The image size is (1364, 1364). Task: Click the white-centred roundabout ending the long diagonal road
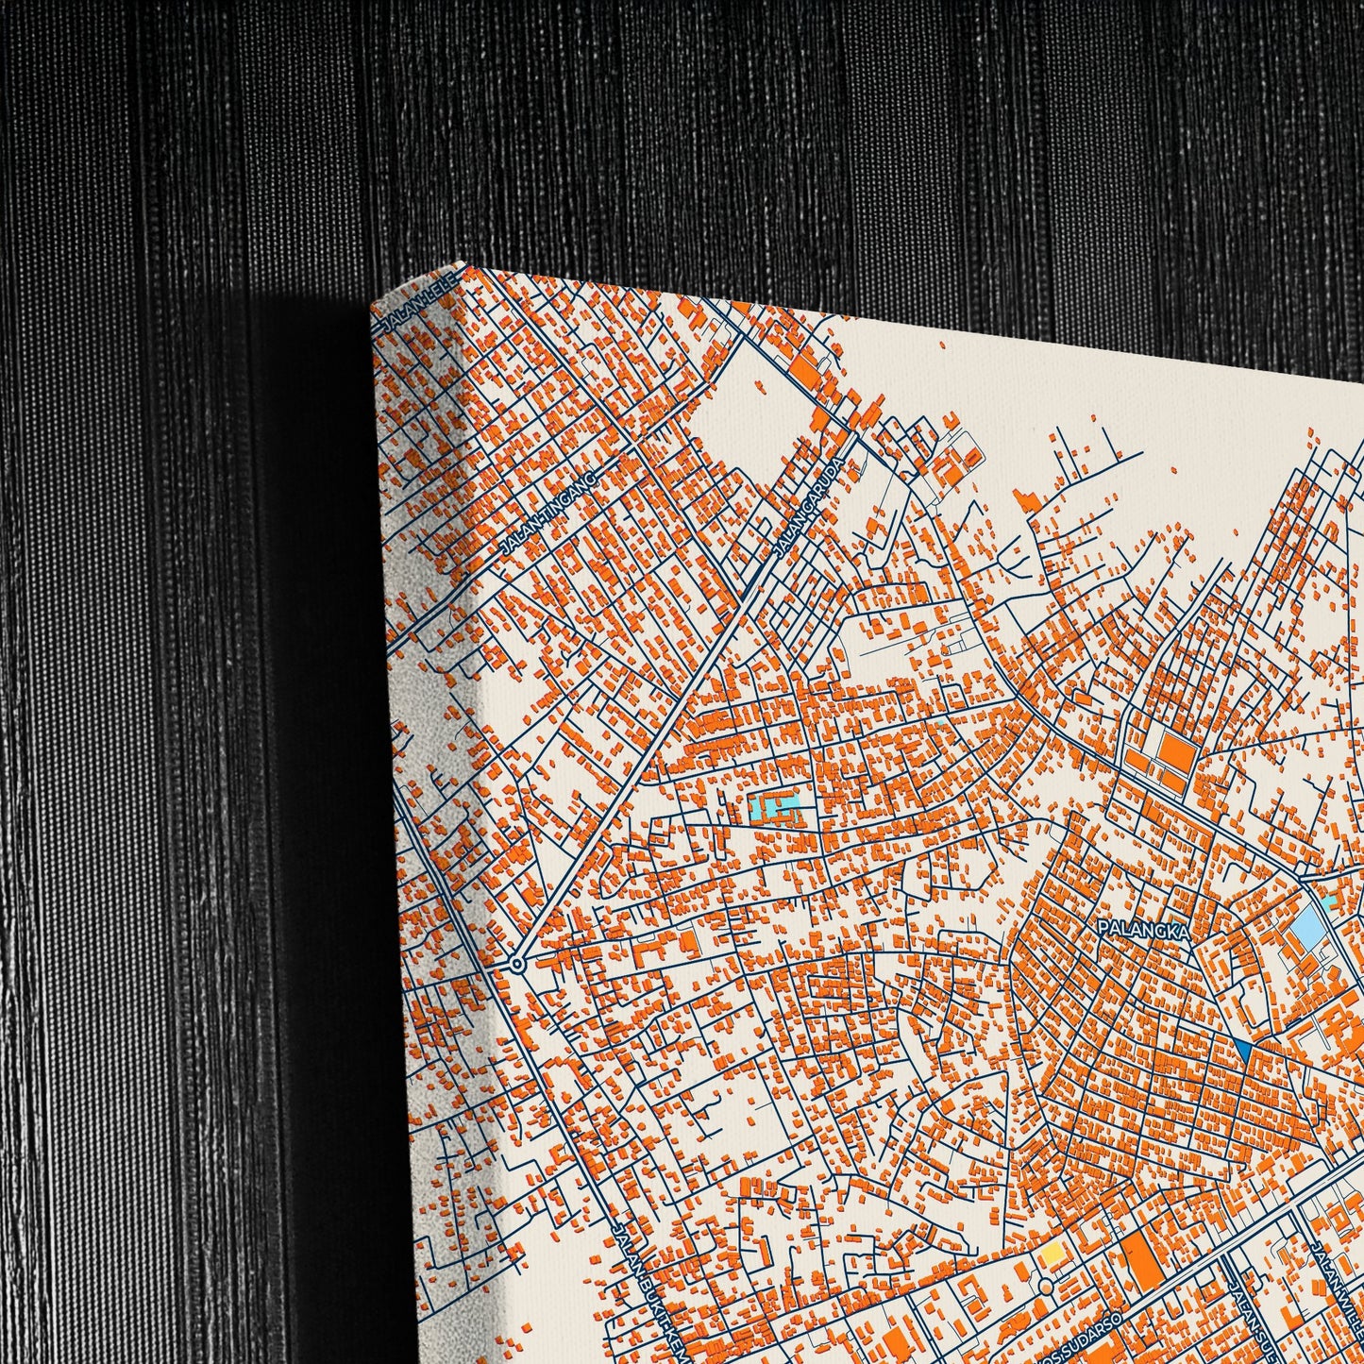(516, 964)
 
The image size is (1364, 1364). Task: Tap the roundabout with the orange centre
(1044, 1288)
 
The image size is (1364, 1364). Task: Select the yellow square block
(1051, 1255)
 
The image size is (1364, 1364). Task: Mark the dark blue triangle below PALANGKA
(1242, 1048)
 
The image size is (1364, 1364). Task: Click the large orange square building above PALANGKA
(1176, 752)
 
